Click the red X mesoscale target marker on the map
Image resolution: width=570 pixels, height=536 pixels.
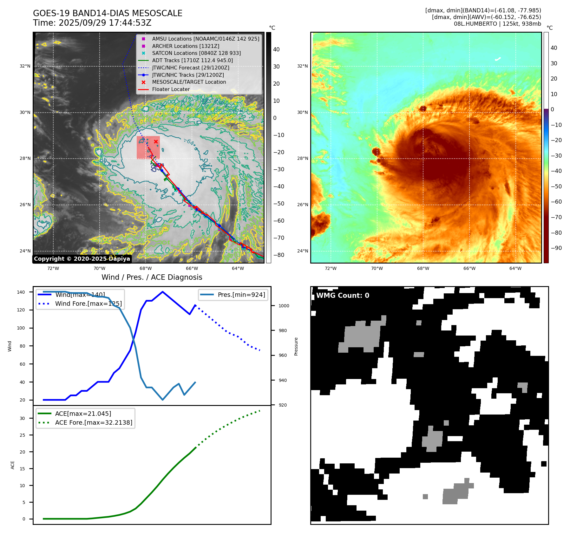click(156, 141)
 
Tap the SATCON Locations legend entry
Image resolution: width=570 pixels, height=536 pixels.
click(196, 53)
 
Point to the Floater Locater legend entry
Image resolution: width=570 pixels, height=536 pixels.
click(171, 89)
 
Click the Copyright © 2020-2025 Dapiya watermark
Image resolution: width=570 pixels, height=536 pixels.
click(82, 259)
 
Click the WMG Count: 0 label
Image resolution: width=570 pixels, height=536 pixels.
click(343, 296)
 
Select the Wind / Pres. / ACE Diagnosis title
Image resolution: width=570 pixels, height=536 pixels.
click(152, 277)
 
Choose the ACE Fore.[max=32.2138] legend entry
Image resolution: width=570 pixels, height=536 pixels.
click(94, 422)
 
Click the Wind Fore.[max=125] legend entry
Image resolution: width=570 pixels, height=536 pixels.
click(88, 304)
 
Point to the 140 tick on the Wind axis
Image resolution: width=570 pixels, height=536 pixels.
click(21, 292)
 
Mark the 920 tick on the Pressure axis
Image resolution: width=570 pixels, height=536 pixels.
click(282, 405)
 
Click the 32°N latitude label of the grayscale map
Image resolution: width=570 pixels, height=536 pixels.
click(25, 66)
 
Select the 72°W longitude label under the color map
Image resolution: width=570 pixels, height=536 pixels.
click(331, 268)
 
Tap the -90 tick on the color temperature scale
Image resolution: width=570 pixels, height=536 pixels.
click(556, 248)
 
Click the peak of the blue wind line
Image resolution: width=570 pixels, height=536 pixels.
click(162, 292)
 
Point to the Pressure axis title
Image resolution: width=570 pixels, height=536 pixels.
click(296, 346)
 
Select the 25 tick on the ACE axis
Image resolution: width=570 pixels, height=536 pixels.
click(22, 435)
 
